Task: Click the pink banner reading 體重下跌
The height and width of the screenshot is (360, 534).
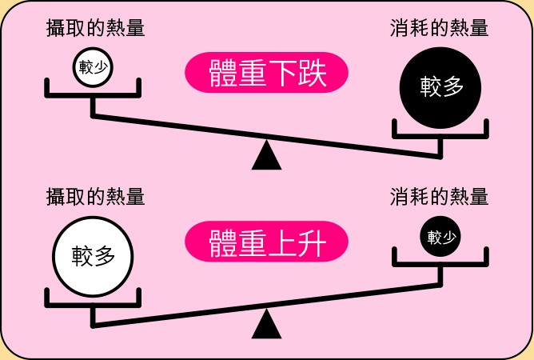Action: (266, 74)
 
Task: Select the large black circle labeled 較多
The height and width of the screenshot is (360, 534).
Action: (441, 86)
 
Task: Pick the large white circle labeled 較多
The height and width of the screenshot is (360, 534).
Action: (93, 256)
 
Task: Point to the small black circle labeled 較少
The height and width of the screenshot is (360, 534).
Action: (440, 237)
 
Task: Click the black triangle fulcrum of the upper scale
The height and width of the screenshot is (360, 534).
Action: (266, 155)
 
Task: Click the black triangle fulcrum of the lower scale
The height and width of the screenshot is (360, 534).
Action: (266, 325)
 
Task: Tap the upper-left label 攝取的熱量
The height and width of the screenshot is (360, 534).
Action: (95, 28)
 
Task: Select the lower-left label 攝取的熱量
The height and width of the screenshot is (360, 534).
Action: (95, 196)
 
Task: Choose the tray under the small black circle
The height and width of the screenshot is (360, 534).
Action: (440, 261)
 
